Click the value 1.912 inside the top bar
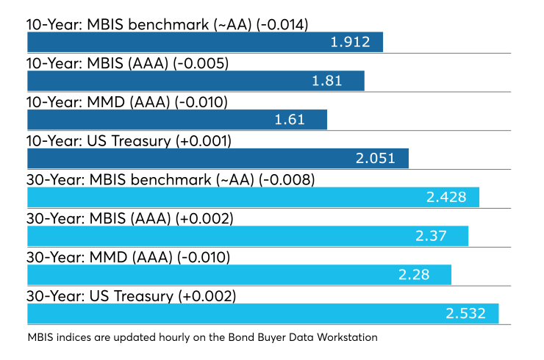coord(350,42)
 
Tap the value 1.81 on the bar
coord(327,81)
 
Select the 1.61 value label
coord(290,120)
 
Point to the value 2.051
coord(376,159)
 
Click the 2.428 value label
coord(446,197)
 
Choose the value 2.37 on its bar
coord(431,236)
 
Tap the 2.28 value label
coord(414,275)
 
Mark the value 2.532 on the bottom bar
coord(465,314)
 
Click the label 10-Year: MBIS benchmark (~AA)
coord(139,25)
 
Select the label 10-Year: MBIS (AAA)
coord(98,63)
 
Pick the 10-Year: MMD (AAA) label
coord(99,102)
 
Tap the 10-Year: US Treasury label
coord(99,141)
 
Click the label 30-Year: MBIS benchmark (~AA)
coord(140,180)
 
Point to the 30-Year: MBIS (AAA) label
coord(99,219)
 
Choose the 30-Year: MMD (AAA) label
coord(99,258)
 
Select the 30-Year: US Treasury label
coord(100,297)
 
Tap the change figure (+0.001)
coord(204,141)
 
